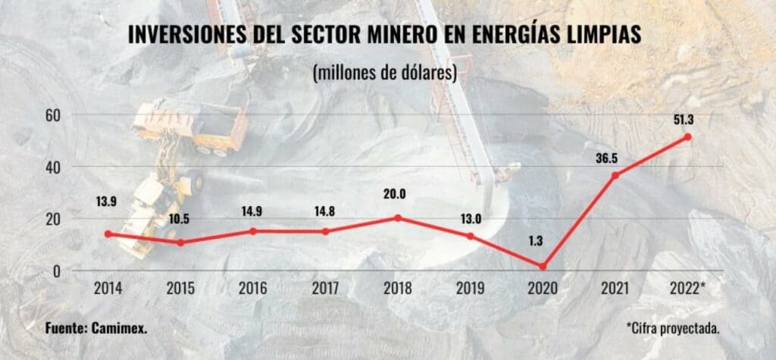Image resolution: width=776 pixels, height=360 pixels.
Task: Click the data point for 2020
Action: click(x=543, y=267)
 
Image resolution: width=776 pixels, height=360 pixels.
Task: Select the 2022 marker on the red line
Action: click(x=687, y=137)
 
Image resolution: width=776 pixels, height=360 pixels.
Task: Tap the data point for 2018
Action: click(x=398, y=218)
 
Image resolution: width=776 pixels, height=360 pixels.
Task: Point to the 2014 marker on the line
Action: click(x=108, y=234)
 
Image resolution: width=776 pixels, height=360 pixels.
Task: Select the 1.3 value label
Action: click(x=543, y=243)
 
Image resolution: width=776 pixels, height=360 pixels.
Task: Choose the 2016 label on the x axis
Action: click(x=253, y=289)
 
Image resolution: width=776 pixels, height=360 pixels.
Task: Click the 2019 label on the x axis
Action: click(x=471, y=289)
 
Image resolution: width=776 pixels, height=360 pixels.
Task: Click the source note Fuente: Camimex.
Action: click(x=95, y=330)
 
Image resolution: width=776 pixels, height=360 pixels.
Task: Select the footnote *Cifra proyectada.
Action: click(x=672, y=330)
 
